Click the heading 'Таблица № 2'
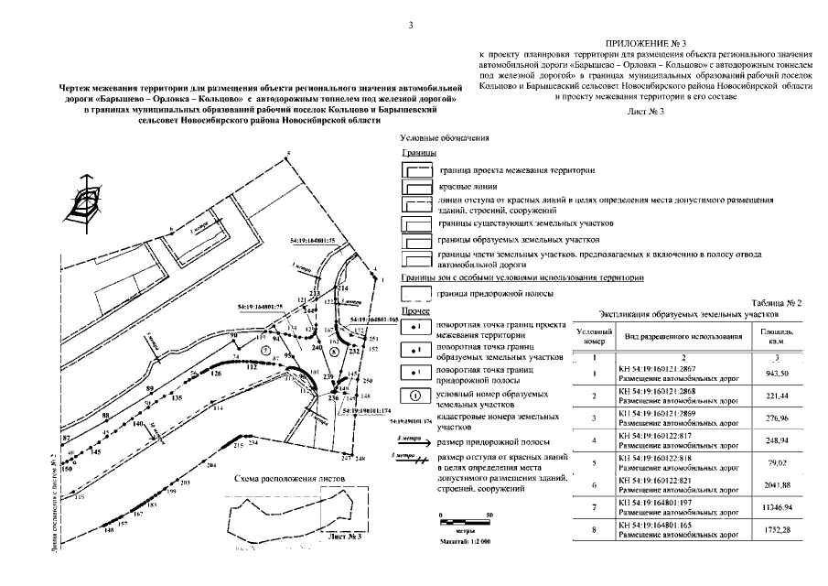[776, 301]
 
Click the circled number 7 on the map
[263, 351]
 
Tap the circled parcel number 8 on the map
[334, 352]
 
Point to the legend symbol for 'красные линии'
[417, 187]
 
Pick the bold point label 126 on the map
[216, 375]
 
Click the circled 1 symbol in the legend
[415, 396]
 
